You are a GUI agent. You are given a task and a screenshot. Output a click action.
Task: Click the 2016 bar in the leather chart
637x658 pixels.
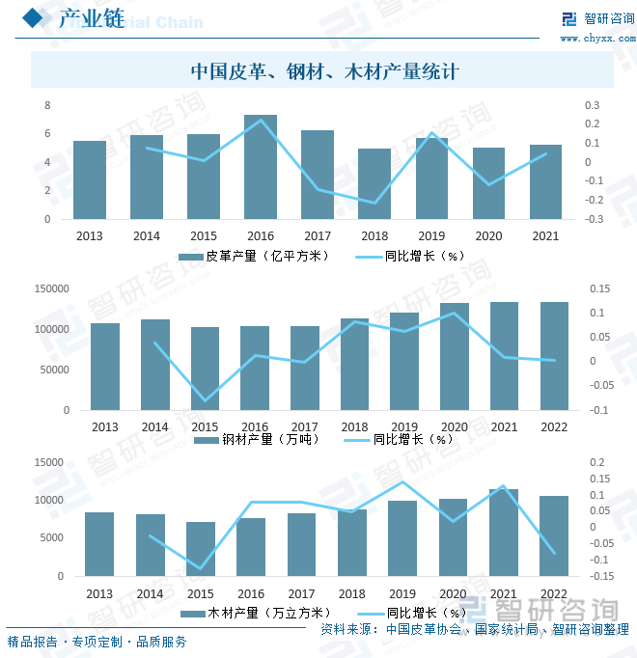click(x=261, y=167)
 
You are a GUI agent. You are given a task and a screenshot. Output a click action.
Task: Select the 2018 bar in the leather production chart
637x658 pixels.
click(x=374, y=184)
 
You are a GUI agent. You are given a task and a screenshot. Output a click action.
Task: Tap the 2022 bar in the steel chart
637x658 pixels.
click(x=554, y=356)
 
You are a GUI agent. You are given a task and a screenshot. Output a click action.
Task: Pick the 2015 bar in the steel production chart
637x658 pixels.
click(x=205, y=369)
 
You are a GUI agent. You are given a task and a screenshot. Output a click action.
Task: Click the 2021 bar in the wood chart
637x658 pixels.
click(x=504, y=533)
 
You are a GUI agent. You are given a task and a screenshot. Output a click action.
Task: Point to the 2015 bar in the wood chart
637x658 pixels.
click(x=201, y=549)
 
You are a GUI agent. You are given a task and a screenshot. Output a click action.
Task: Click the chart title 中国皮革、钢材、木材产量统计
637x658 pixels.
click(x=323, y=71)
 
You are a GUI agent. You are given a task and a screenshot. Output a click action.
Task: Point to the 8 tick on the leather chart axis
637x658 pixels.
click(x=47, y=104)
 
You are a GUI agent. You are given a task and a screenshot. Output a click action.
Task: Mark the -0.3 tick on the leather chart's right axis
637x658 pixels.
click(x=592, y=219)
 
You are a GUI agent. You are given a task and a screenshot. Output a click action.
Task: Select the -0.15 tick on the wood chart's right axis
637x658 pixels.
click(x=600, y=577)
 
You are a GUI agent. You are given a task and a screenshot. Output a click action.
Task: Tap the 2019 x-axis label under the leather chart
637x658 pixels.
click(x=429, y=236)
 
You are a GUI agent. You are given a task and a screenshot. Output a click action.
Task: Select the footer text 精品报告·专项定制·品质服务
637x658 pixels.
click(x=97, y=642)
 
